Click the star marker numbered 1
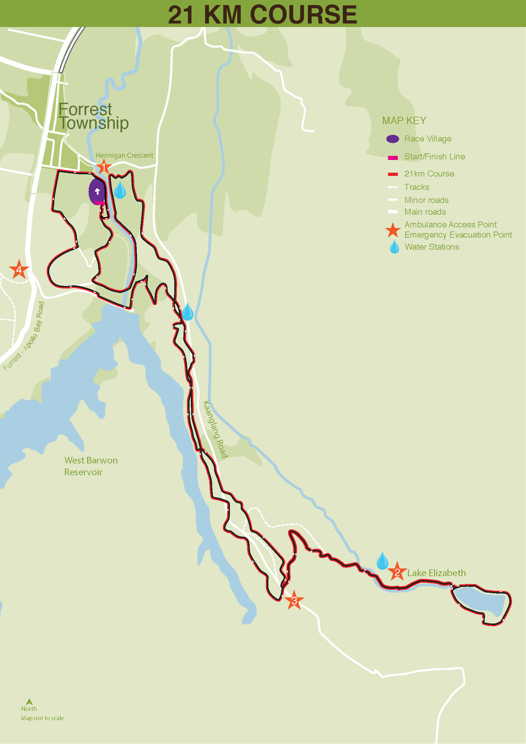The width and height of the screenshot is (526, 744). [x=104, y=168]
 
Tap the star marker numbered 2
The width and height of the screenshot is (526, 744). [x=397, y=571]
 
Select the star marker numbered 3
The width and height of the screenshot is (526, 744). [x=294, y=600]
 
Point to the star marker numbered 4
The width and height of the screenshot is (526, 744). [x=19, y=270]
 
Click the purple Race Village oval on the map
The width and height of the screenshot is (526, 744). [x=97, y=191]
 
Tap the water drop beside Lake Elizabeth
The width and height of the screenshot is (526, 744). [x=382, y=561]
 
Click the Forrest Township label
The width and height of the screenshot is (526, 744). [x=93, y=116]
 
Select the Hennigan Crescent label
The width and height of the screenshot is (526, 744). [x=125, y=155]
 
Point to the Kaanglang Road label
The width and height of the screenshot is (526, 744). [x=215, y=429]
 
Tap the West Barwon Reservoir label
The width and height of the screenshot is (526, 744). [x=90, y=466]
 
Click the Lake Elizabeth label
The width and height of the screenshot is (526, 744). [x=437, y=573]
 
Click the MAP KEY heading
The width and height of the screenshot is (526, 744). [x=404, y=120]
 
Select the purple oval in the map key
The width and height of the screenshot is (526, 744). [x=392, y=139]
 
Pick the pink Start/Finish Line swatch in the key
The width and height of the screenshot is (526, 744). [x=392, y=157]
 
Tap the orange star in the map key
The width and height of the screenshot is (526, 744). [x=392, y=230]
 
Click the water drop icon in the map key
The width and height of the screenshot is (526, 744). [x=394, y=247]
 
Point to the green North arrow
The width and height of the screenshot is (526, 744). [x=29, y=701]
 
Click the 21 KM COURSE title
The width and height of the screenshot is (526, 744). [x=262, y=14]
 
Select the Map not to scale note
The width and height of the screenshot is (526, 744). [x=43, y=718]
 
